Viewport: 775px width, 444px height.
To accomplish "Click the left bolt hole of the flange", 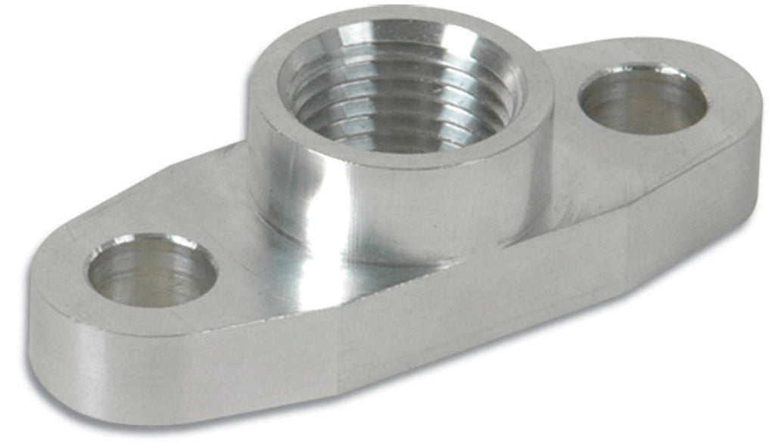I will [151, 271].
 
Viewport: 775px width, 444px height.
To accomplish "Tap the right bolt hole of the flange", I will [642, 99].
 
